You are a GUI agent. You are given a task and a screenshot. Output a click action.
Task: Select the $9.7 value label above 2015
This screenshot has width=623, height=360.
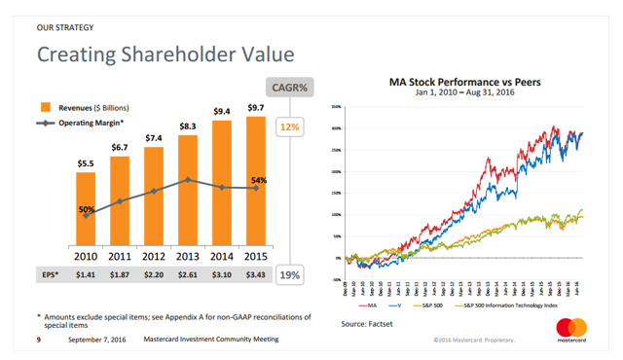(255, 108)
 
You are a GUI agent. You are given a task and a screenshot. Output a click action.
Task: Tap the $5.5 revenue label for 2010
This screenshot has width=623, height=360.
(86, 164)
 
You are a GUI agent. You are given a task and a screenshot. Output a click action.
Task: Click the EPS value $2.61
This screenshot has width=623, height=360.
(187, 276)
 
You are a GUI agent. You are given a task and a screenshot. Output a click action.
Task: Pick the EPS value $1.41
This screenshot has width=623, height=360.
(86, 276)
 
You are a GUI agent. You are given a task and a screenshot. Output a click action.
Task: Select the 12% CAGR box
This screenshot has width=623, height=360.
(289, 127)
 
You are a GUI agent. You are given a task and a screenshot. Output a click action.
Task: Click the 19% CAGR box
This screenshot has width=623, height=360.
(289, 276)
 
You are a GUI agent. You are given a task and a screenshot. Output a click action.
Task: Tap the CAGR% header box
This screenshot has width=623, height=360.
(288, 88)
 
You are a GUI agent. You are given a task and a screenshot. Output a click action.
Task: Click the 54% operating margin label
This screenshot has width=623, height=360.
(258, 181)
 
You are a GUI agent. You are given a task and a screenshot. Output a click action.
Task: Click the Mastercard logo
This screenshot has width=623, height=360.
(577, 330)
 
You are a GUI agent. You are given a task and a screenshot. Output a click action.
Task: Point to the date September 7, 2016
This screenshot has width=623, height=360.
(96, 340)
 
